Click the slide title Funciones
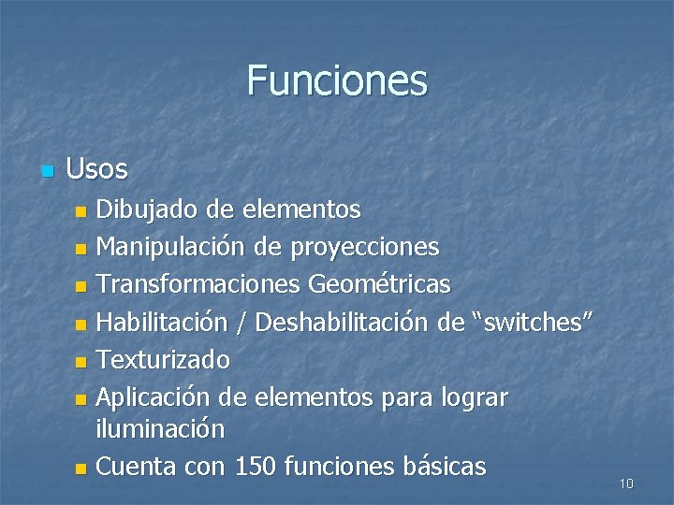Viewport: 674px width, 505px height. click(337, 80)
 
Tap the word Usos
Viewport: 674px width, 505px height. click(97, 169)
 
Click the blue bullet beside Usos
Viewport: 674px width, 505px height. click(49, 171)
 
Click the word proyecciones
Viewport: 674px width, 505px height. click(365, 248)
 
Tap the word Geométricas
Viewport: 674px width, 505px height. click(379, 283)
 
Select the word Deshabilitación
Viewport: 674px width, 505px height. click(343, 322)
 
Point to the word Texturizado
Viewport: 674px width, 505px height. click(164, 359)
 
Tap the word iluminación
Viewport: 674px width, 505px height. click(160, 429)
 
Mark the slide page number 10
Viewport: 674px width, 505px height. click(626, 483)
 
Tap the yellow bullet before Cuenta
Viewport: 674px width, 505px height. click(81, 468)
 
